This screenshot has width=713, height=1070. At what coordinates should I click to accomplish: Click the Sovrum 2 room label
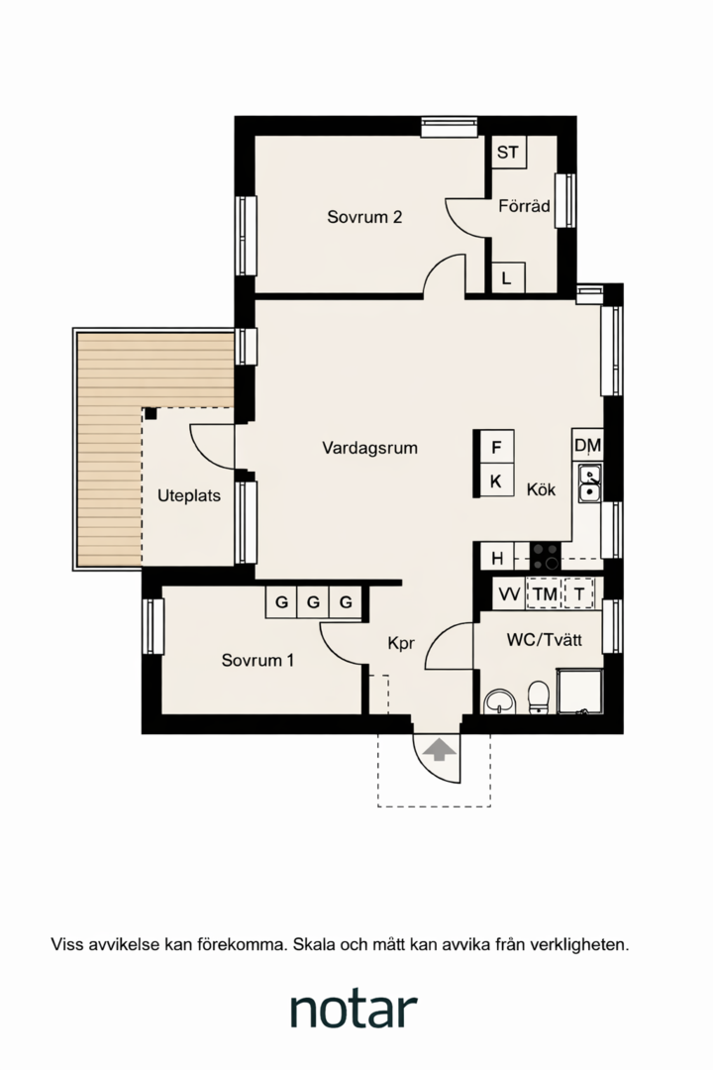tap(364, 217)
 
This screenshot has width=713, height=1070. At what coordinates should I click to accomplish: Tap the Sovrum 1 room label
tap(257, 660)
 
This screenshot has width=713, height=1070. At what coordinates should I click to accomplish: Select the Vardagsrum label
tap(369, 449)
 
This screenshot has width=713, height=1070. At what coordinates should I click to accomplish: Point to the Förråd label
tap(524, 205)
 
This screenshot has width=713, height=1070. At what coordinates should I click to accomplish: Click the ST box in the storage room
tap(508, 153)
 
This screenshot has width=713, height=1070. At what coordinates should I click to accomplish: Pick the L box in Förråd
tap(506, 278)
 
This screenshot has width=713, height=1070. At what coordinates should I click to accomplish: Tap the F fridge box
tap(497, 448)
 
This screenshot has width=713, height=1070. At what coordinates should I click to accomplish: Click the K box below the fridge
tap(496, 481)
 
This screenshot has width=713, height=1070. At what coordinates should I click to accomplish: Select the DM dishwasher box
tap(587, 446)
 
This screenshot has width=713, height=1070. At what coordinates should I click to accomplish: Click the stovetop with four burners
tap(546, 556)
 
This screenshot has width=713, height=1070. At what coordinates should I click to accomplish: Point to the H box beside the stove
tap(497, 558)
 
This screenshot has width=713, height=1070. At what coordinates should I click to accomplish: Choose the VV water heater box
tap(509, 594)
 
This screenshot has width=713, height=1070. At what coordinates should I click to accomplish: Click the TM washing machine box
tap(545, 594)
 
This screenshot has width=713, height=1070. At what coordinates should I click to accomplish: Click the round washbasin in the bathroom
tap(500, 701)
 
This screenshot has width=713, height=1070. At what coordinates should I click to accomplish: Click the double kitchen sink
tap(589, 482)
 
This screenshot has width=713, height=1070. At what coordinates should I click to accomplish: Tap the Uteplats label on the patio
tap(189, 496)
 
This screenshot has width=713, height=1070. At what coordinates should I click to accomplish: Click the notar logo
tap(354, 1009)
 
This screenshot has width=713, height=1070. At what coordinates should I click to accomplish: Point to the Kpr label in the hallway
tap(401, 644)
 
